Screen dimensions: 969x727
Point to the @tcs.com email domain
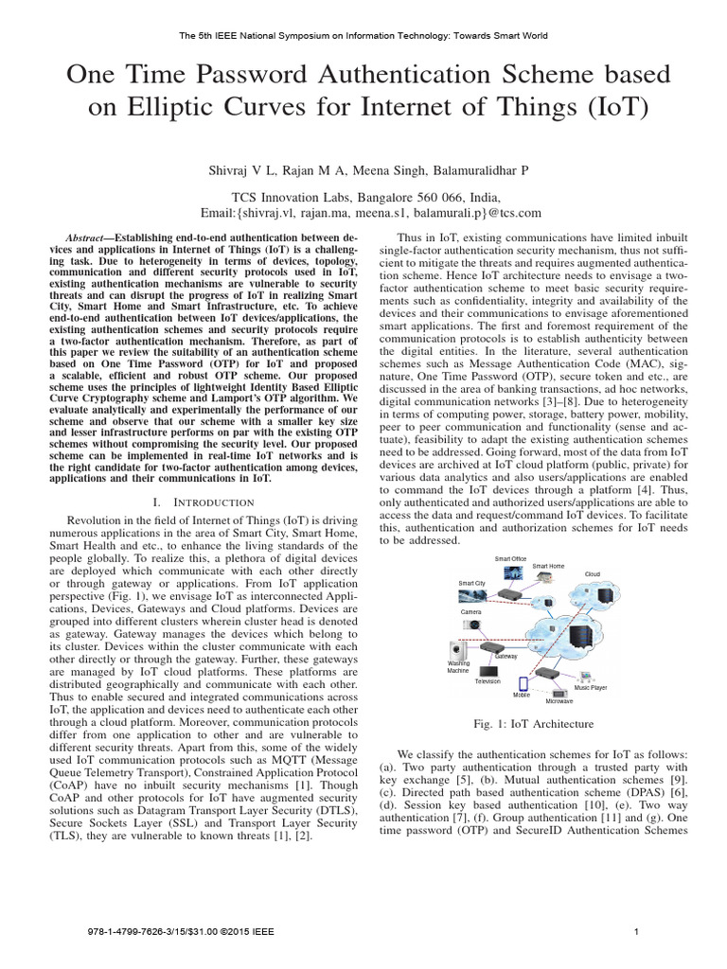pyautogui.click(x=512, y=213)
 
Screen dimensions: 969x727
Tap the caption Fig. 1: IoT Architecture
pyautogui.click(x=534, y=724)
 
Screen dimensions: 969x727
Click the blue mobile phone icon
pyautogui.click(x=521, y=682)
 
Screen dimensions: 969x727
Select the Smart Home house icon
pyautogui.click(x=547, y=580)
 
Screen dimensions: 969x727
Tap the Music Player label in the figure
pyautogui.click(x=591, y=687)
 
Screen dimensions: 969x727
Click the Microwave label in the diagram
pyautogui.click(x=559, y=701)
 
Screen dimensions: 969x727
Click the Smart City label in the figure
pyautogui.click(x=471, y=583)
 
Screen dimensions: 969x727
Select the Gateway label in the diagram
pyautogui.click(x=505, y=656)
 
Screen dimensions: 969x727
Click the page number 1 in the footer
pyautogui.click(x=637, y=931)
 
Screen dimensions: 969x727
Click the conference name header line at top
pyautogui.click(x=363, y=36)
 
